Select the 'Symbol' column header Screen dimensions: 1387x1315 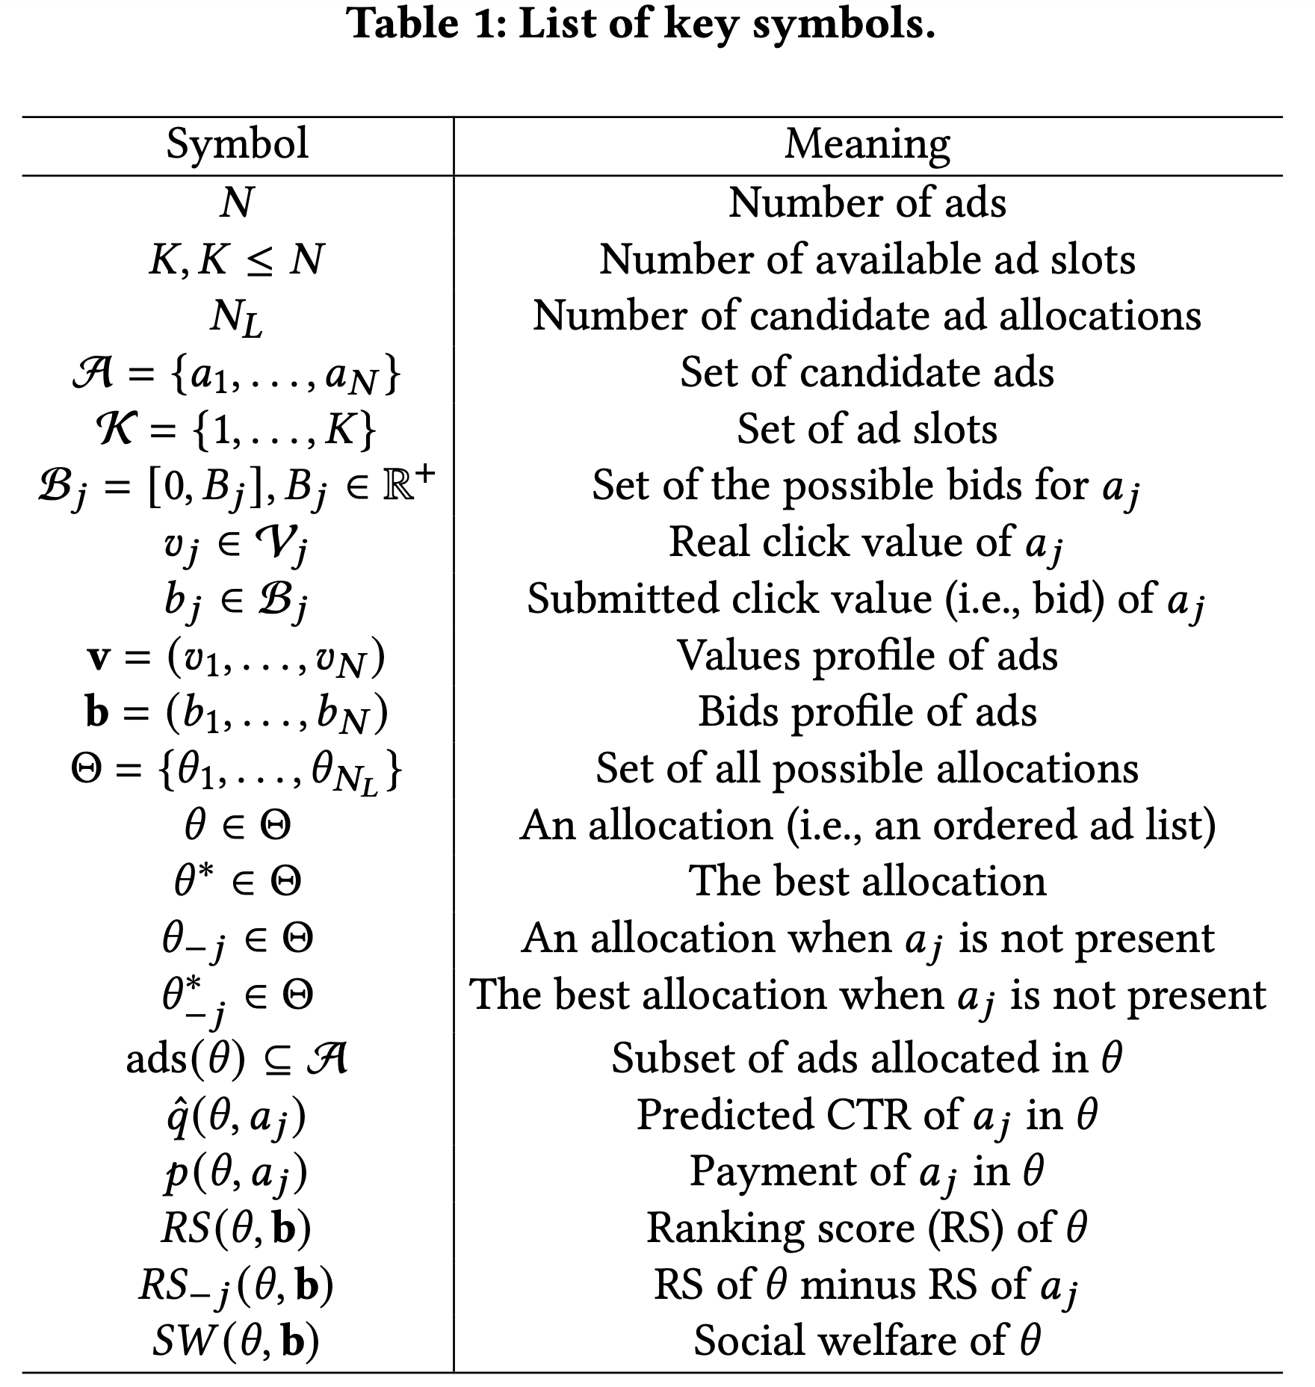237,143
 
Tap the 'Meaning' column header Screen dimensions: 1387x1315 867,143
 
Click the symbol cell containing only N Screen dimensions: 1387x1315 237,203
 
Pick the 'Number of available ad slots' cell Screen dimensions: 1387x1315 867,259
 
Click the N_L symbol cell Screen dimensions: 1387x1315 237,317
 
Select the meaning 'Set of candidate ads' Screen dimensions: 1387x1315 867,372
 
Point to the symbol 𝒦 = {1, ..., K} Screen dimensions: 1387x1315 237,430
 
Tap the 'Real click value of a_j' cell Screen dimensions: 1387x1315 867,543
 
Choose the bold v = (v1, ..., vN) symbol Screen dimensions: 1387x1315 237,657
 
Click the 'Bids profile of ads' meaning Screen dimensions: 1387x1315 867,711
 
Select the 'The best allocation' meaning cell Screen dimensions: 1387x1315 867,881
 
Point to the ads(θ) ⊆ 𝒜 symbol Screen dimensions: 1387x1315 237,1058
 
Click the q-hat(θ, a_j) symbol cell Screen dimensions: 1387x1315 237,1116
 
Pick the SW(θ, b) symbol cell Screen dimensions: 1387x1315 237,1341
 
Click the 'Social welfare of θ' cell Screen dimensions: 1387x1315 867,1341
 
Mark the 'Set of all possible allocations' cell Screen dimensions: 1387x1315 867,768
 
